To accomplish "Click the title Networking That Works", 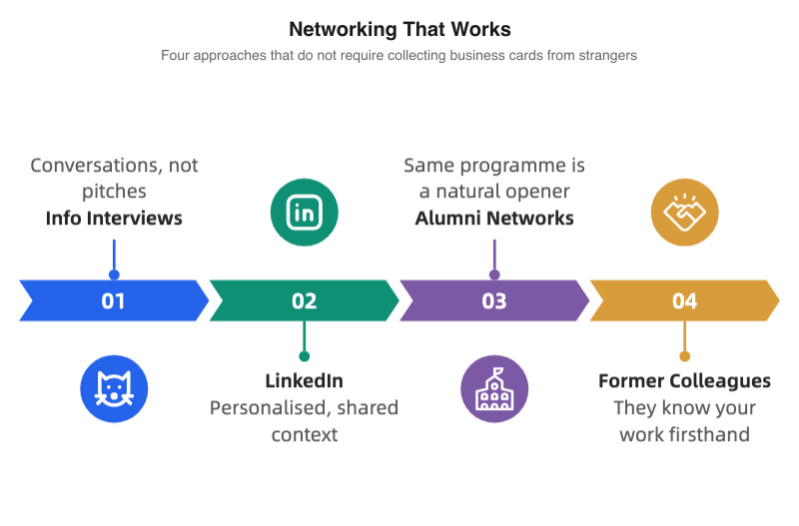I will pyautogui.click(x=399, y=28).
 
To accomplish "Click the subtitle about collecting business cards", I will pyautogui.click(x=399, y=56).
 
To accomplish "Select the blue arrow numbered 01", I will pyautogui.click(x=114, y=300).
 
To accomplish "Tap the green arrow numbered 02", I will pyautogui.click(x=304, y=300).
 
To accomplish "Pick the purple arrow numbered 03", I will pyautogui.click(x=494, y=300).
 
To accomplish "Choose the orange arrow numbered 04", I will pyautogui.click(x=684, y=300).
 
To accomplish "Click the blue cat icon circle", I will pyautogui.click(x=114, y=389).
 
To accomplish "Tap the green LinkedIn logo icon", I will pyautogui.click(x=304, y=212).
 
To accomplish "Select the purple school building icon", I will pyautogui.click(x=494, y=389).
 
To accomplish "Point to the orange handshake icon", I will pyautogui.click(x=684, y=212).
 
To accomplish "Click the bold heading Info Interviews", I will pyautogui.click(x=114, y=218).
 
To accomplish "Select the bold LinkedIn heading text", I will pyautogui.click(x=304, y=381).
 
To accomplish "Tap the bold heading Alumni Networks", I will pyautogui.click(x=494, y=218).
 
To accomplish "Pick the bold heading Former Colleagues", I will pyautogui.click(x=684, y=381).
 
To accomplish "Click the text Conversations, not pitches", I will pyautogui.click(x=114, y=178).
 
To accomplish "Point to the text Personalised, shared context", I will pyautogui.click(x=304, y=420).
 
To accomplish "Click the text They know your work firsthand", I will pyautogui.click(x=684, y=420).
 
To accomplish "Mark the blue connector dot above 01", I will pyautogui.click(x=114, y=274).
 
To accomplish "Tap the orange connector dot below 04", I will pyautogui.click(x=684, y=355).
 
